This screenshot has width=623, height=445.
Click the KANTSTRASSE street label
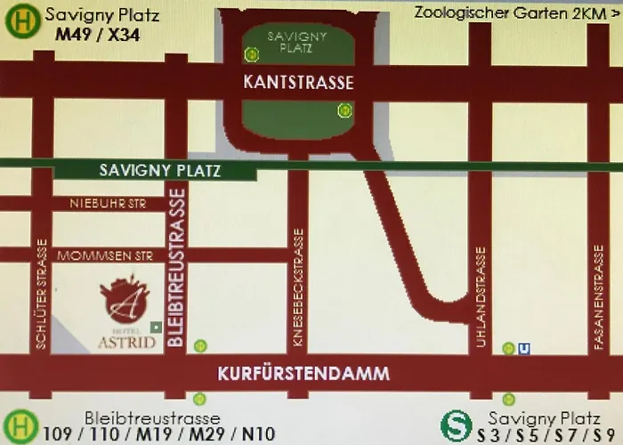pyautogui.click(x=298, y=83)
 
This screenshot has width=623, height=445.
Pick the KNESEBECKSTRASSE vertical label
pyautogui.click(x=298, y=287)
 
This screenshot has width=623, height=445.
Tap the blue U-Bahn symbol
pyautogui.click(x=524, y=349)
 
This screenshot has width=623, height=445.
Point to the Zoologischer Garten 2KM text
pyautogui.click(x=515, y=12)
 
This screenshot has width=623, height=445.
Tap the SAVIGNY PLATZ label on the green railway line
pyautogui.click(x=159, y=170)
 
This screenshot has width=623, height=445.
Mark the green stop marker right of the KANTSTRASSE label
pyautogui.click(x=344, y=110)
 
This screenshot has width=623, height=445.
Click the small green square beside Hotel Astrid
pyautogui.click(x=156, y=328)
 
